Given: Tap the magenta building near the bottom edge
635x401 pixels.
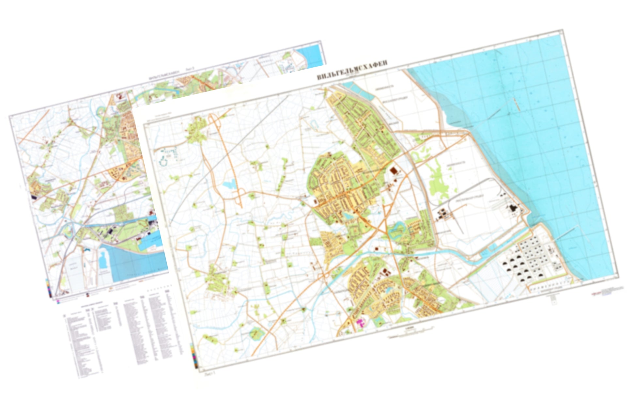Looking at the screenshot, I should (361, 323).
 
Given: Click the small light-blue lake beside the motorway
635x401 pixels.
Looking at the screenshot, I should (230, 184).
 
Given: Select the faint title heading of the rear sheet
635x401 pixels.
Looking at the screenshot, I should (171, 74).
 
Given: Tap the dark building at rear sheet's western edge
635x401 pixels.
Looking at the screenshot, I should (34, 197).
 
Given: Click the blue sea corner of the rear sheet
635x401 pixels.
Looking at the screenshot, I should (310, 54).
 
